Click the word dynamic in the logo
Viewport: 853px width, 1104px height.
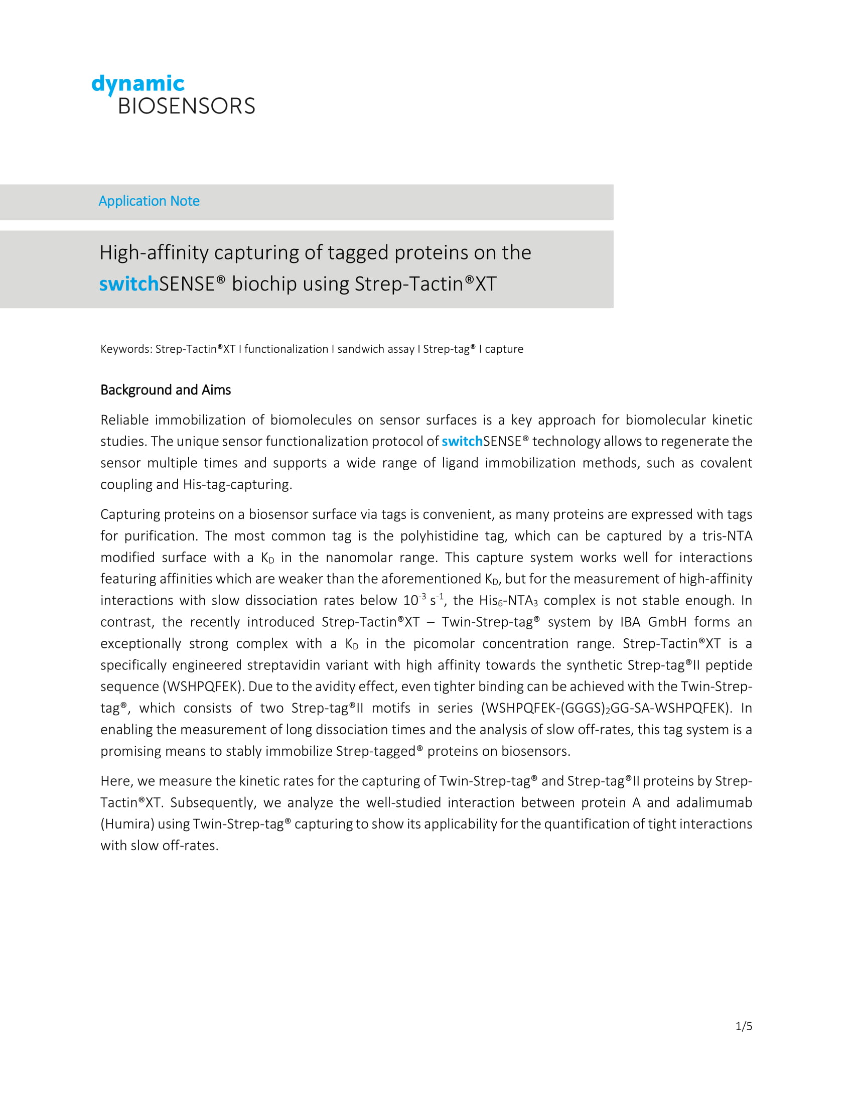138,84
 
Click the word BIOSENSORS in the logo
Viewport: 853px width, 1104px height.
187,106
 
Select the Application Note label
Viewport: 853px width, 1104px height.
149,201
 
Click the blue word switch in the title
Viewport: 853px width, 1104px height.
129,284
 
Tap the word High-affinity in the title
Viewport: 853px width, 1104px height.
154,253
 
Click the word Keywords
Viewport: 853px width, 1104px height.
126,349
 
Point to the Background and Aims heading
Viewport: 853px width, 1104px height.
165,390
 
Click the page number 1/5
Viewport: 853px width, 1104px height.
744,1026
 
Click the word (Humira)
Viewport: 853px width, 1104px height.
127,824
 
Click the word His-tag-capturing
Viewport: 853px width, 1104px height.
237,485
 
